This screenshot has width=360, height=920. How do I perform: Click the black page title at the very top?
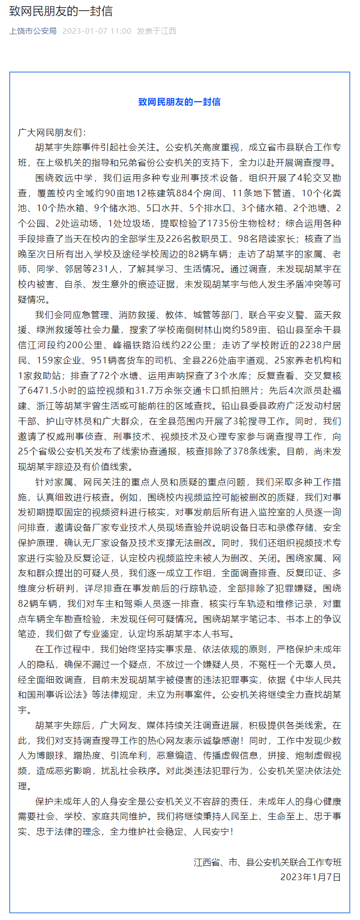pyautogui.click(x=61, y=11)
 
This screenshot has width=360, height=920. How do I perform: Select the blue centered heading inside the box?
pyautogui.click(x=179, y=102)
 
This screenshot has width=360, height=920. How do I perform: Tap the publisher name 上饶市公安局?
pyautogui.click(x=33, y=31)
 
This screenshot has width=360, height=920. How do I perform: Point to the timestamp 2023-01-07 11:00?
pyautogui.click(x=97, y=31)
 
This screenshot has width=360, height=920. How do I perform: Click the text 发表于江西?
pyautogui.click(x=156, y=31)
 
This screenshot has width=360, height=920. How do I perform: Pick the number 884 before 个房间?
pyautogui.click(x=184, y=193)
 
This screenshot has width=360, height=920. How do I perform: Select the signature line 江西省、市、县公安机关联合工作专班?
pyautogui.click(x=267, y=862)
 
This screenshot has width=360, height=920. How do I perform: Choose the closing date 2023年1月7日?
pyautogui.click(x=310, y=877)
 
